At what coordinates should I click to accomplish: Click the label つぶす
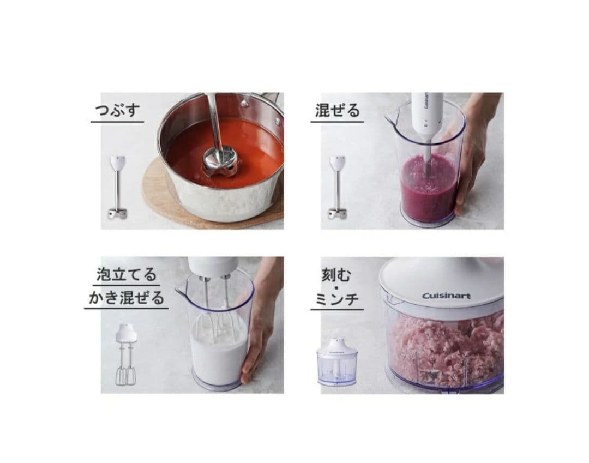pyautogui.click(x=117, y=110)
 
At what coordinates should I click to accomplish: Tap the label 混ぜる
pyautogui.click(x=338, y=110)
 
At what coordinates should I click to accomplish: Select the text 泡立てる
pyautogui.click(x=127, y=274)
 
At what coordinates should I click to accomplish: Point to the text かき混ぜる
pyautogui.click(x=127, y=298)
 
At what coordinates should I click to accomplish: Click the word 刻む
pyautogui.click(x=336, y=275)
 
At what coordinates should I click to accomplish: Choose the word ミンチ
pyautogui.click(x=337, y=299)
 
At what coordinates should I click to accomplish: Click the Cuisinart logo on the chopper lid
pyautogui.click(x=446, y=296)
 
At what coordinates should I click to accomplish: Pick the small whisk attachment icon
pyautogui.click(x=126, y=354)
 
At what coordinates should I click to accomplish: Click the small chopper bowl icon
pyautogui.click(x=336, y=362)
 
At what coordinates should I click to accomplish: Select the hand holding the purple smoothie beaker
pyautogui.click(x=474, y=158)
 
